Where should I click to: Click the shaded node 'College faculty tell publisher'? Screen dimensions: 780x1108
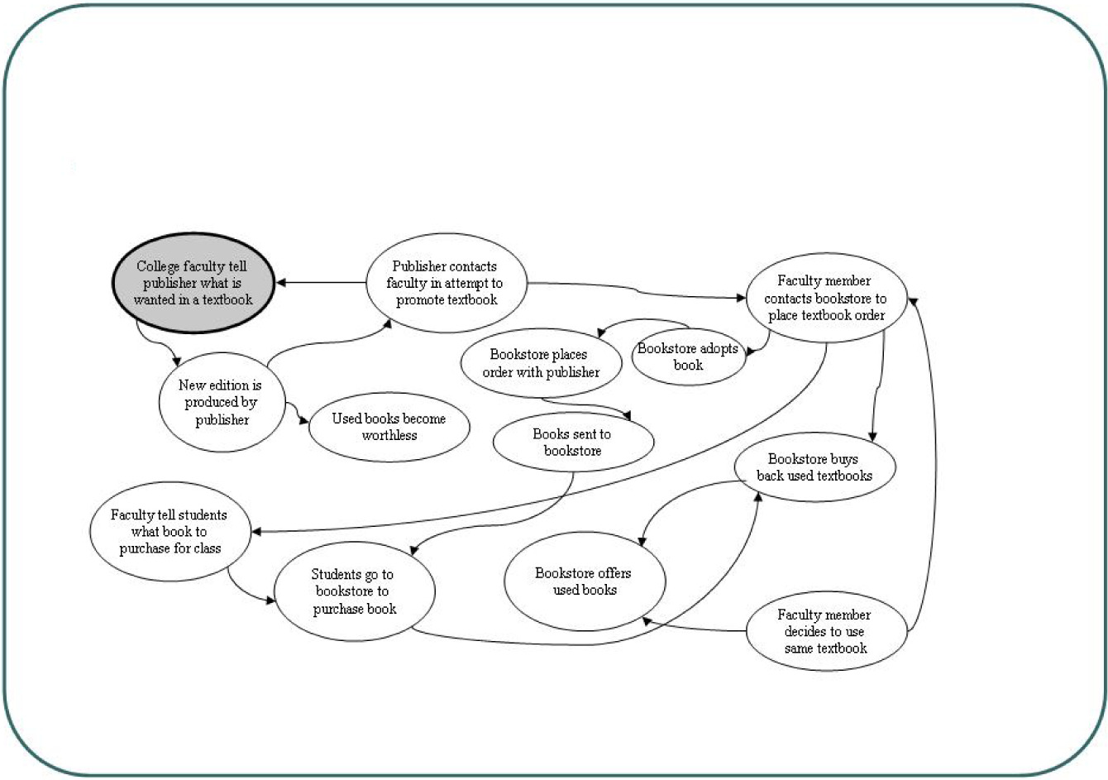[x=192, y=283]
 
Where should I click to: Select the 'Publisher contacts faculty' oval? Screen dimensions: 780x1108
[x=446, y=283]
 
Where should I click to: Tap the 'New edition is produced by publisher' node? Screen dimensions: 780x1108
[x=221, y=402]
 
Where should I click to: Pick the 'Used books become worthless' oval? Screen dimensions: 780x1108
[x=389, y=427]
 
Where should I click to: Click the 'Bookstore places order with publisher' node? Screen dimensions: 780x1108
[x=541, y=364]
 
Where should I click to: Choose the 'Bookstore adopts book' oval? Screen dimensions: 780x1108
[x=688, y=357]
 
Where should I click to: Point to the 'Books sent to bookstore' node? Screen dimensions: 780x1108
[x=572, y=442]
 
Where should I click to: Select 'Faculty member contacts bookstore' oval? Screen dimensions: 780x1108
[x=824, y=298]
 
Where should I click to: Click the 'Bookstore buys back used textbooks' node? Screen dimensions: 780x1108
[x=814, y=467]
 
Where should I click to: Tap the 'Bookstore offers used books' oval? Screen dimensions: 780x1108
[x=584, y=581]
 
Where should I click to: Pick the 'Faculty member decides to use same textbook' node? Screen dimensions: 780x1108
[x=824, y=631]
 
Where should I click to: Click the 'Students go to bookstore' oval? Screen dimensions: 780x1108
[x=354, y=591]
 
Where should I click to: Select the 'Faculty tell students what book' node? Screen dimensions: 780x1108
[x=170, y=532]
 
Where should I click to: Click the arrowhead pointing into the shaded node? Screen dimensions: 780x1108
[x=281, y=283]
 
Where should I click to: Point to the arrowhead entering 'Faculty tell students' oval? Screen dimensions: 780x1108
[x=256, y=532]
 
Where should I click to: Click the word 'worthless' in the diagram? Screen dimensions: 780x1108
[x=389, y=436]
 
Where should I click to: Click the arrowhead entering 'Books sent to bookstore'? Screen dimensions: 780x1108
[x=626, y=415]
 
